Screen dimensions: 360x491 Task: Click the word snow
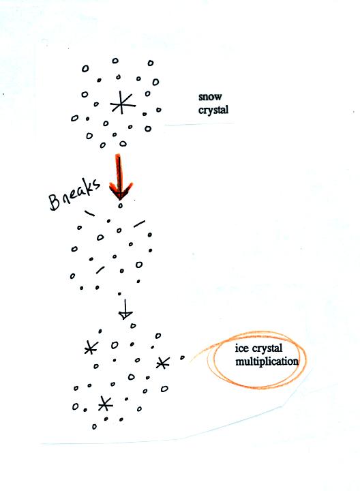[x=210, y=97]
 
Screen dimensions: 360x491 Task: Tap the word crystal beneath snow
[x=213, y=110]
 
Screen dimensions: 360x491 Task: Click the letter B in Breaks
[x=55, y=203]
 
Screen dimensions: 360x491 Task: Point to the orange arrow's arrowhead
[x=121, y=190]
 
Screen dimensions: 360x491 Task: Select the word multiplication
[x=267, y=361]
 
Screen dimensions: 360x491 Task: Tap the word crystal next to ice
[x=267, y=348]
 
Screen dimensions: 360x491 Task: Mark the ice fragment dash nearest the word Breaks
[x=89, y=213]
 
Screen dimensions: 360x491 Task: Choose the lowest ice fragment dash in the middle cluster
[x=100, y=269]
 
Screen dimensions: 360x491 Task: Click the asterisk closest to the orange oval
[x=163, y=363]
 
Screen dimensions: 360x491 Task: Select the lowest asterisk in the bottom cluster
[x=105, y=404]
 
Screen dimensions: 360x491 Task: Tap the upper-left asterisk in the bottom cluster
[x=91, y=347]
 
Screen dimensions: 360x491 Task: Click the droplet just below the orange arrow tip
[x=120, y=206]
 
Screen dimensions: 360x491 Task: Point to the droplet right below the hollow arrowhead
[x=133, y=326]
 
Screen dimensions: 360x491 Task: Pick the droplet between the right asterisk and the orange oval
[x=182, y=357]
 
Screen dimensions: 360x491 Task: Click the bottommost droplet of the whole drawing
[x=94, y=426]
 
